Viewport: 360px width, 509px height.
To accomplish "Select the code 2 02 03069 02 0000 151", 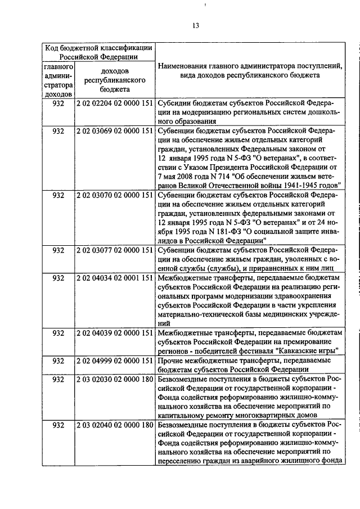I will [115, 131].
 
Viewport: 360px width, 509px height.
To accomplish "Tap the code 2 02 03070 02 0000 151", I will [115, 195].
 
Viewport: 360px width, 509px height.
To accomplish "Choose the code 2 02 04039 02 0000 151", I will [115, 332].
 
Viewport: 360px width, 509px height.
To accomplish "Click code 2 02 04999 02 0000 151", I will [115, 360].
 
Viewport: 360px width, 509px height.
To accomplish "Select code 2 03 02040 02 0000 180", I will [115, 424].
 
